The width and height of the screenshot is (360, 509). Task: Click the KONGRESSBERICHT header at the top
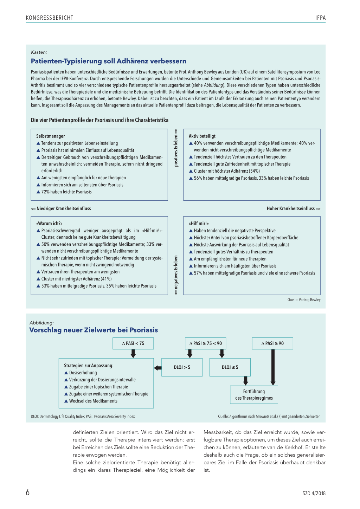point(50,18)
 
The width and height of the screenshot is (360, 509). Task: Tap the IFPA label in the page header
point(320,18)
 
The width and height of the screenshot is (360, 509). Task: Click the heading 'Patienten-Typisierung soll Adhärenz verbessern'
point(109,61)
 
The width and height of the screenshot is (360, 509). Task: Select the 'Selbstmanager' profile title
point(51,136)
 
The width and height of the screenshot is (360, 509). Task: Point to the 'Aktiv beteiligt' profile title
point(202,136)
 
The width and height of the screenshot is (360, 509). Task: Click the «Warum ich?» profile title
point(49,224)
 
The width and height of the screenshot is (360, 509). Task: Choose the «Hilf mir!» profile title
point(199,224)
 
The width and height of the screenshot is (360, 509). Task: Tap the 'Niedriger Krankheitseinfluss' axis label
point(61,208)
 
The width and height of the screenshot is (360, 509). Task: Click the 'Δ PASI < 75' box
point(133,343)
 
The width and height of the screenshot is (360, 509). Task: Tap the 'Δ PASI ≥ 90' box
point(272,343)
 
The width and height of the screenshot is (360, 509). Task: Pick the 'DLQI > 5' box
point(182,367)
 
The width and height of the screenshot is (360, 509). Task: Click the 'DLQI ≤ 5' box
point(230,367)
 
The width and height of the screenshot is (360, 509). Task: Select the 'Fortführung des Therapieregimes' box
point(254,395)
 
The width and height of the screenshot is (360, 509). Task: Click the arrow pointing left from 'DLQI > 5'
point(158,368)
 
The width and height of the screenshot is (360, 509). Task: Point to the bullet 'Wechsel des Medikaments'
point(93,401)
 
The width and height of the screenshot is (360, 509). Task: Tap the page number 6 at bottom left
point(28,492)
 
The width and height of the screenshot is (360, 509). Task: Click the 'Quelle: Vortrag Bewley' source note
point(304,300)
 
